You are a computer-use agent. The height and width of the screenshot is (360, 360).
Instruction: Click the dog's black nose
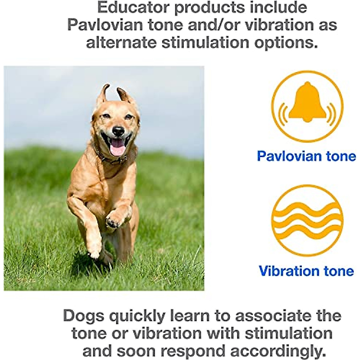(118, 131)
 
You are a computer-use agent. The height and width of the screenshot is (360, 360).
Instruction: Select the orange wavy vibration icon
(307, 220)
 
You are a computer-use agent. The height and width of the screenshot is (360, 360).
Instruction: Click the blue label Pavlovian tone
(306, 156)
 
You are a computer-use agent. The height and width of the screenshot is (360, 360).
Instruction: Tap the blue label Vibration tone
(306, 271)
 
